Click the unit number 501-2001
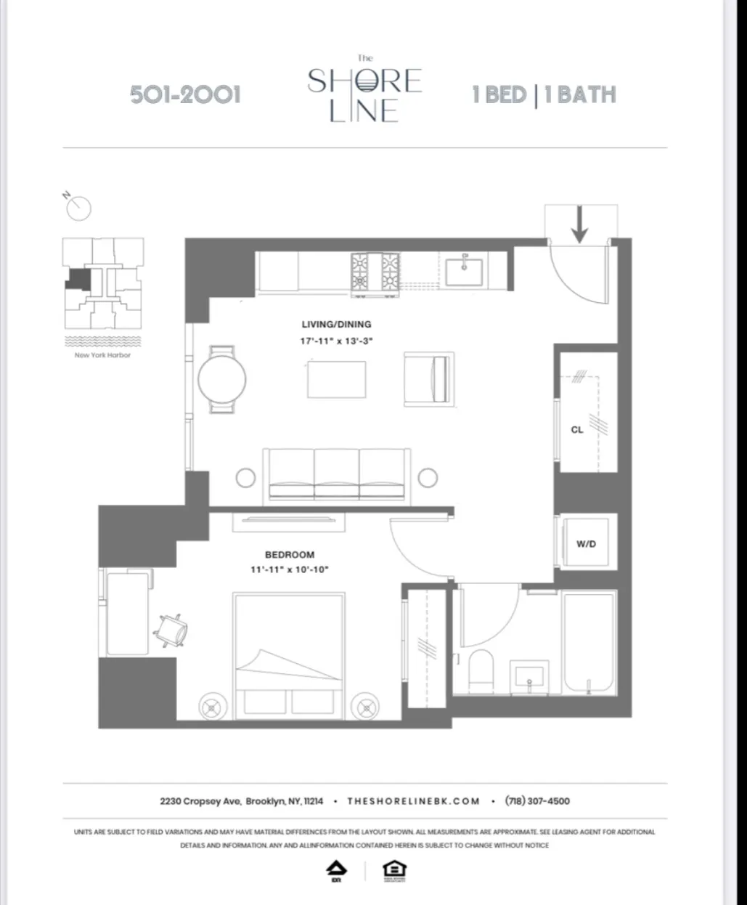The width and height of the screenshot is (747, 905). tap(185, 94)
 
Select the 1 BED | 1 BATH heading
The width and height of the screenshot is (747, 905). tap(544, 95)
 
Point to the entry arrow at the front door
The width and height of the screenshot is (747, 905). tap(579, 224)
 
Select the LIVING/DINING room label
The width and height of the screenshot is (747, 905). tap(336, 325)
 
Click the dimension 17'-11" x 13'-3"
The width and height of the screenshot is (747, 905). tap(336, 340)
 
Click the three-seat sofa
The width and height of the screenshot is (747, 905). tap(336, 475)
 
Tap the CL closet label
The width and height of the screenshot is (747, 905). tap(577, 430)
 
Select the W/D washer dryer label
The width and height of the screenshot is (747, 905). tap(586, 543)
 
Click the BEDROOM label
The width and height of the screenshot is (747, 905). tap(290, 555)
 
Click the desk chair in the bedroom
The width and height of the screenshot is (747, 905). tap(174, 629)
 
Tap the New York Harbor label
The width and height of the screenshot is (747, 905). tap(102, 355)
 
